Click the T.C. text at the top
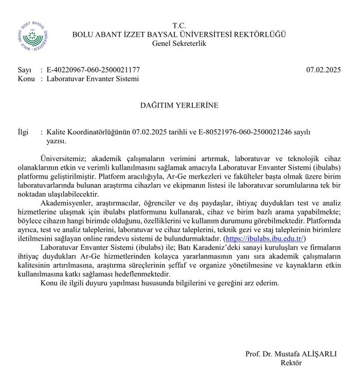[x=179, y=25]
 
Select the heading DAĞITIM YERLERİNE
[x=179, y=106]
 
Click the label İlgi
[x=24, y=132]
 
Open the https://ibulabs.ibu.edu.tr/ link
[x=266, y=239]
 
